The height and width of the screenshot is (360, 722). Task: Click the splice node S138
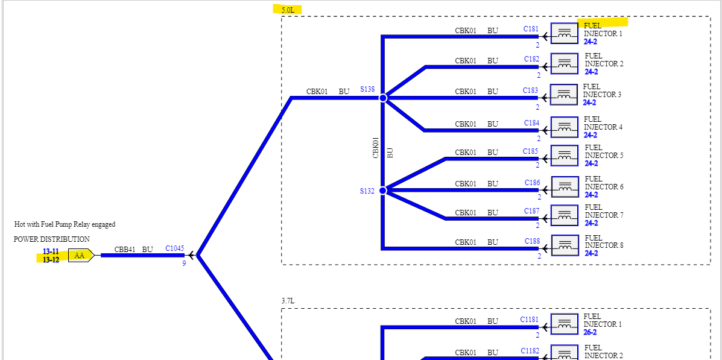(382, 98)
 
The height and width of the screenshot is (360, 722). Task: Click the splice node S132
(382, 191)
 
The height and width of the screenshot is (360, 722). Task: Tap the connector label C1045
(174, 248)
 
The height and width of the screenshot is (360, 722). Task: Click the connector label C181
(531, 29)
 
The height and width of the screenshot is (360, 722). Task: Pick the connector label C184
(531, 123)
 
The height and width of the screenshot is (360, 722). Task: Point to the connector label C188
(532, 241)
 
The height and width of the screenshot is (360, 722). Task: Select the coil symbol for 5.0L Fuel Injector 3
(564, 95)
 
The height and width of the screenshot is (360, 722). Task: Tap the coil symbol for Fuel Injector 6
(565, 187)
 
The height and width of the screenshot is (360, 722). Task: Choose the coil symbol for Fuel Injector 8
(565, 245)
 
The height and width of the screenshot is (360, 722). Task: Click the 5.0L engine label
(287, 10)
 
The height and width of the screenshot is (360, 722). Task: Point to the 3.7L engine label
(288, 301)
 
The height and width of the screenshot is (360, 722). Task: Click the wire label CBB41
(125, 249)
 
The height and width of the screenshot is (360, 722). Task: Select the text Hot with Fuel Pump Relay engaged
(65, 224)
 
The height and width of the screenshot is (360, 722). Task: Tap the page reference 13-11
(51, 251)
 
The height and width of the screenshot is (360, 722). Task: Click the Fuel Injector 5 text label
(604, 151)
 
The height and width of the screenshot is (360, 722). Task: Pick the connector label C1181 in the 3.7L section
(529, 320)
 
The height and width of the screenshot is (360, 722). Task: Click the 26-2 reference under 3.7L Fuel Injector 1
(590, 332)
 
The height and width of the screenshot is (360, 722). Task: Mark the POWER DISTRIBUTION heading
(52, 239)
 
